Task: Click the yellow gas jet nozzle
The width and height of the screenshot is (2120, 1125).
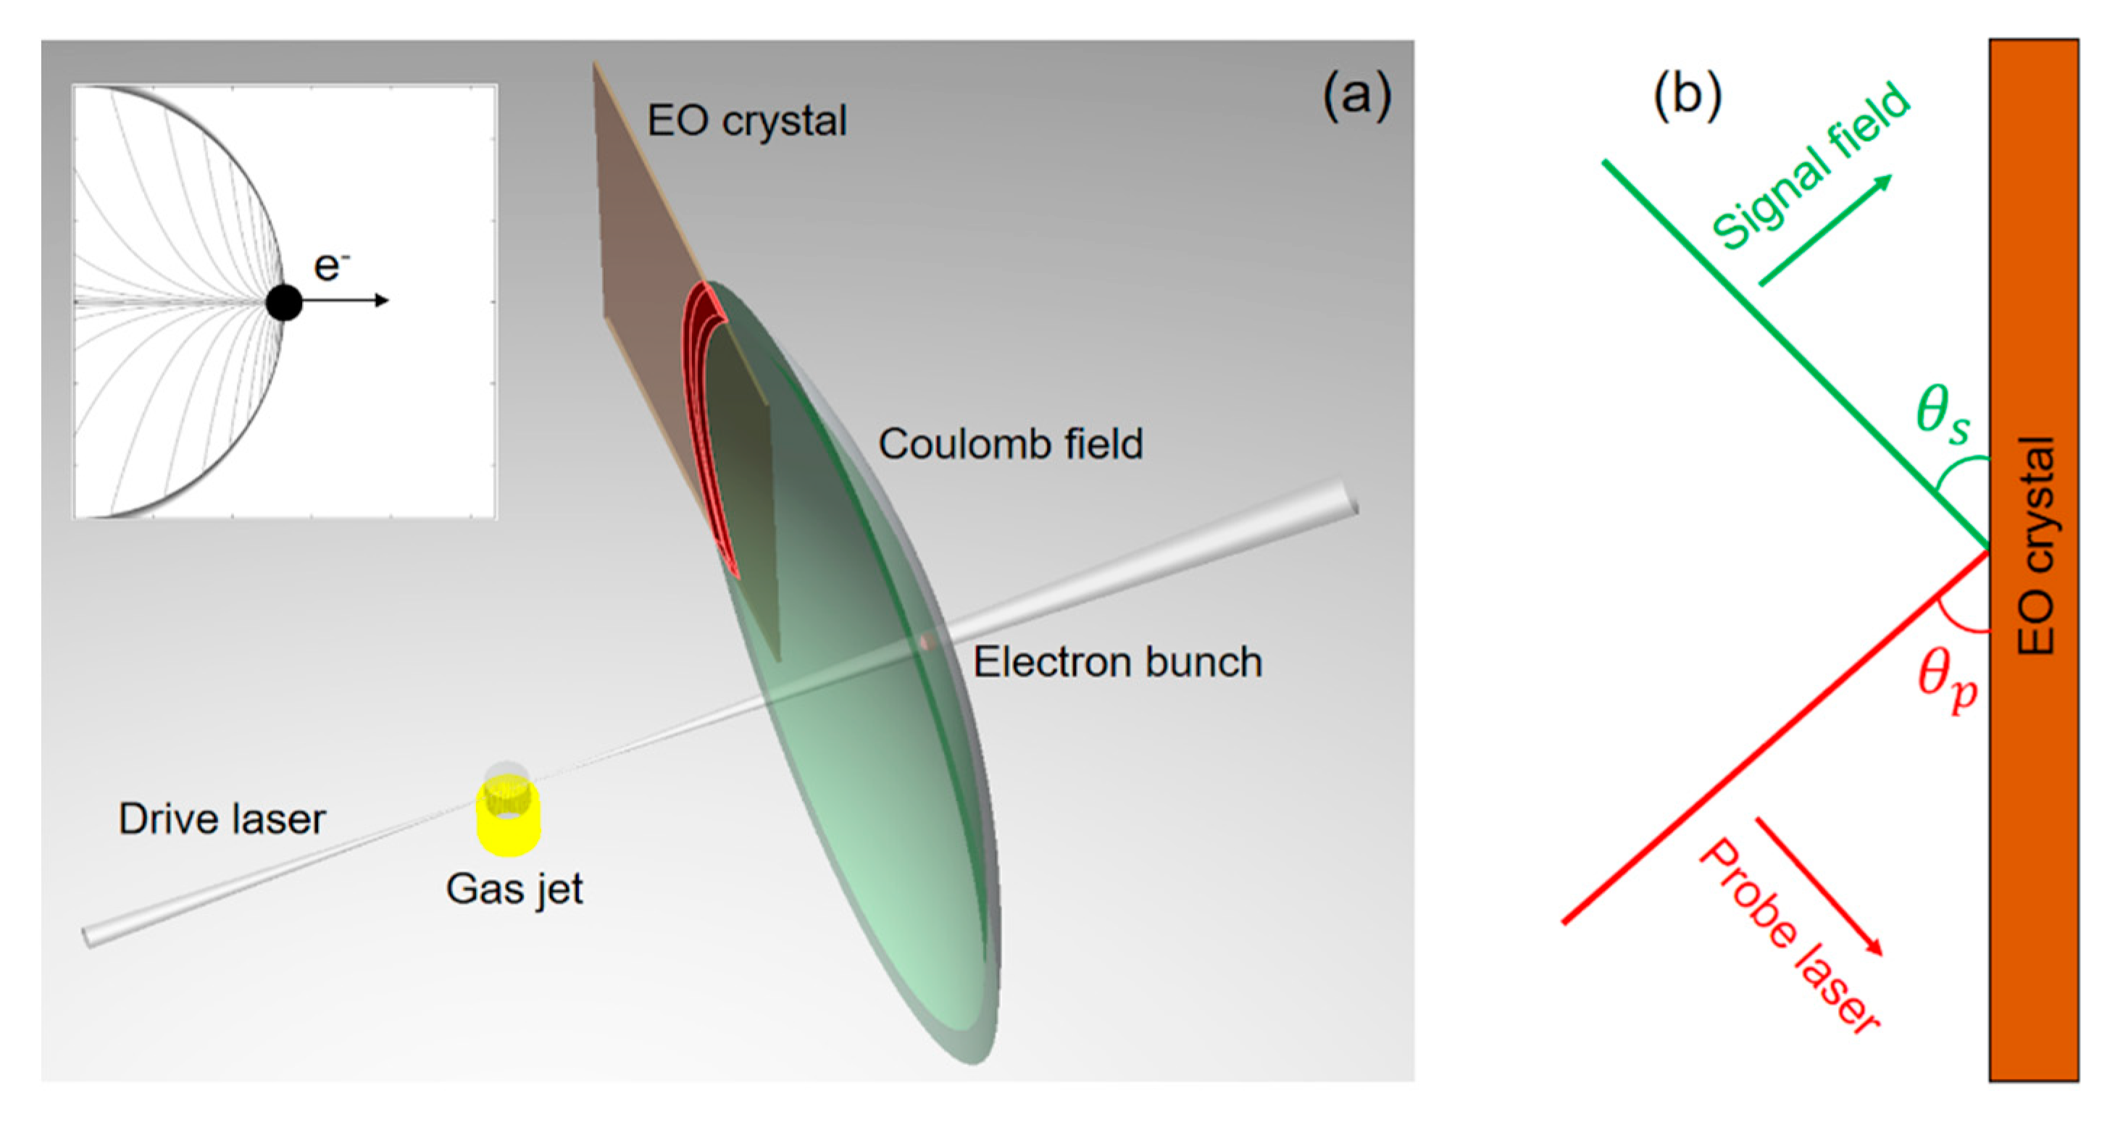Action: pyautogui.click(x=508, y=819)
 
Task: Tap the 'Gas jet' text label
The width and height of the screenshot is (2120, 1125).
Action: pyautogui.click(x=514, y=890)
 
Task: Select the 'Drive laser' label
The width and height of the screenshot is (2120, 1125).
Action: pyautogui.click(x=222, y=819)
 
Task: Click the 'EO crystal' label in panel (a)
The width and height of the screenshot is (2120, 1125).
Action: pyautogui.click(x=746, y=121)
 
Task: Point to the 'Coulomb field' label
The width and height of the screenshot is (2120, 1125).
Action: pyautogui.click(x=1011, y=444)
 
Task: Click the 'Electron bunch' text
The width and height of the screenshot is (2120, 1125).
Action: pyautogui.click(x=1117, y=663)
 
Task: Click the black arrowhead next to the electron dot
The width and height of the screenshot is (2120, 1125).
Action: pyautogui.click(x=381, y=301)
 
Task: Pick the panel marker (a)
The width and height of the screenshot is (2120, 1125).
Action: pyautogui.click(x=1357, y=96)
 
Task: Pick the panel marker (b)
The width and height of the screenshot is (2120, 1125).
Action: pyautogui.click(x=1687, y=96)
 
